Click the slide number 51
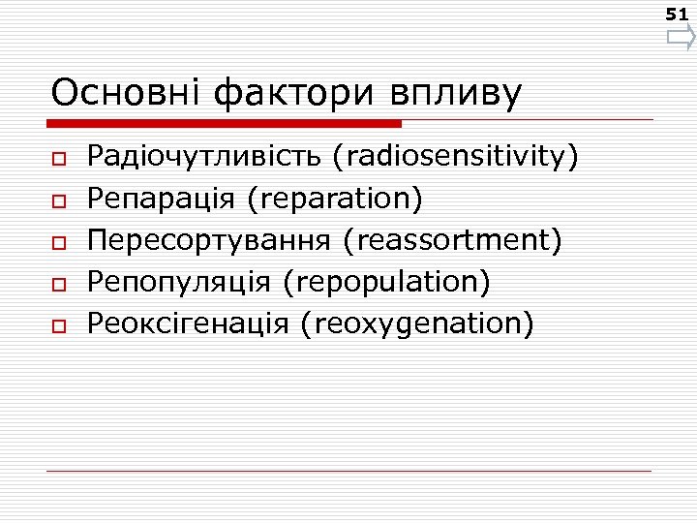coord(677,15)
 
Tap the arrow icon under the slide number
coord(681,39)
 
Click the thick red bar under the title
coord(225,124)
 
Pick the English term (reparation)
coord(335,198)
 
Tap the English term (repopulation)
coord(387,281)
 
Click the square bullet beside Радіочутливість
coord(59,158)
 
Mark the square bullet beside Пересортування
coord(59,241)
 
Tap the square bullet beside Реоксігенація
coord(59,325)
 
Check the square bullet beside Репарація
coord(59,200)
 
